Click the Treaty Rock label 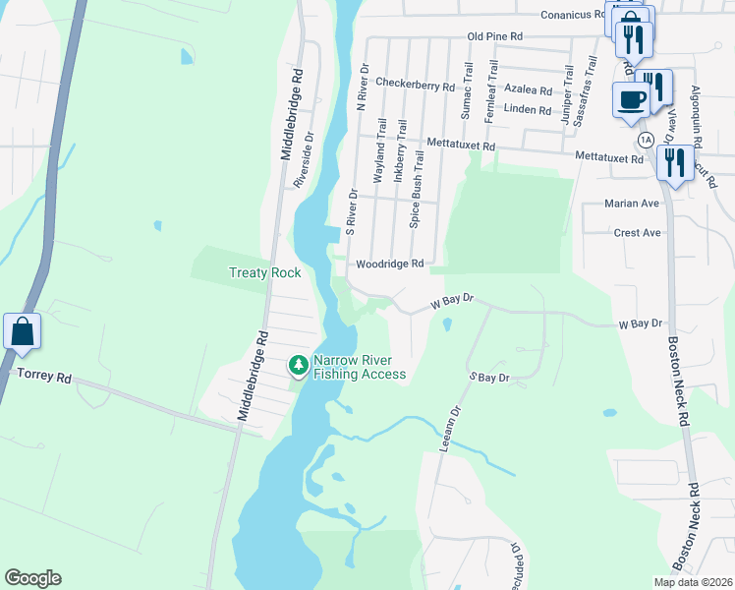[264, 272]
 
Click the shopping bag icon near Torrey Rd [22, 332]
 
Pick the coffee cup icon [631, 98]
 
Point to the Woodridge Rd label [389, 264]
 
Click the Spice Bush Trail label [417, 190]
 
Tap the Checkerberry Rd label [415, 86]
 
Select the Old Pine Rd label [494, 36]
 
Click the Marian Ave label [636, 204]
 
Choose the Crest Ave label [637, 233]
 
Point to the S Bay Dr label [488, 378]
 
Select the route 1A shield [645, 141]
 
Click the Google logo [32, 578]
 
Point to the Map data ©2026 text [692, 582]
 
